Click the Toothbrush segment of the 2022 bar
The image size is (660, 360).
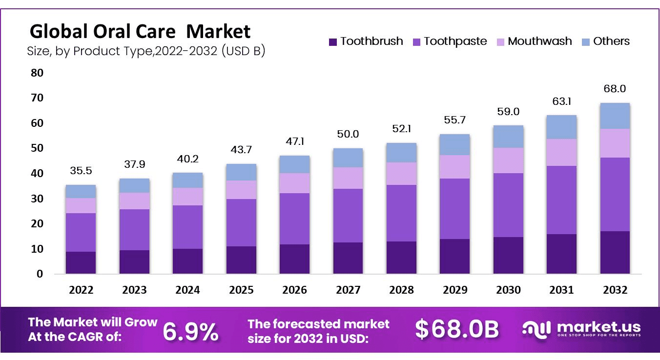81,262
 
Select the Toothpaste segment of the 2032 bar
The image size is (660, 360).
615,194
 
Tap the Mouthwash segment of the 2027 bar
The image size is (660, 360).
348,178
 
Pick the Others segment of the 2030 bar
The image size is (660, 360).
508,137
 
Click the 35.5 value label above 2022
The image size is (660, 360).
81,171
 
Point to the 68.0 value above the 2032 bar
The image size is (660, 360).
615,89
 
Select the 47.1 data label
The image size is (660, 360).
295,141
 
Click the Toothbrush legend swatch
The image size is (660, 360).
333,42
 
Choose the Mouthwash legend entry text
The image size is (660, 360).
539,41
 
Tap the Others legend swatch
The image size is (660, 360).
586,42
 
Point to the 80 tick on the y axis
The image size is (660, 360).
37,73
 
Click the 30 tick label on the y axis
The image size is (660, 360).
37,199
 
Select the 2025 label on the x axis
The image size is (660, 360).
241,290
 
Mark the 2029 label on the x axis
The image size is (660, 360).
455,290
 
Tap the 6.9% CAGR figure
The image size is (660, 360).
190,332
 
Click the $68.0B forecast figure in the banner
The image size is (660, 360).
457,330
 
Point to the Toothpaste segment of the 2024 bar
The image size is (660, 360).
187,227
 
